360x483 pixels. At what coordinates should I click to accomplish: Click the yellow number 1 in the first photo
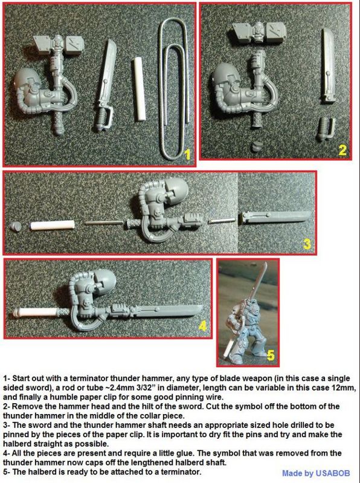[187, 154]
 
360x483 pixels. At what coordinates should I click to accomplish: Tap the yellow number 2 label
[342, 150]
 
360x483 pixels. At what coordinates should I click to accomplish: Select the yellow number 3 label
[307, 244]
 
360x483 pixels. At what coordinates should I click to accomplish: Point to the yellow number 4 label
[202, 326]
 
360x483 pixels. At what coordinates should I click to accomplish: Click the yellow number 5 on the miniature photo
[271, 355]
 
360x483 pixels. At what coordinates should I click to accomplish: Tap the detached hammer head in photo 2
[259, 34]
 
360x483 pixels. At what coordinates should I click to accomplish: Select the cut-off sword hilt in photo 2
[326, 129]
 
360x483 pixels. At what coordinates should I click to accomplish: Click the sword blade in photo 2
[328, 66]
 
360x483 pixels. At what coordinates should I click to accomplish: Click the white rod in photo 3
[53, 224]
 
